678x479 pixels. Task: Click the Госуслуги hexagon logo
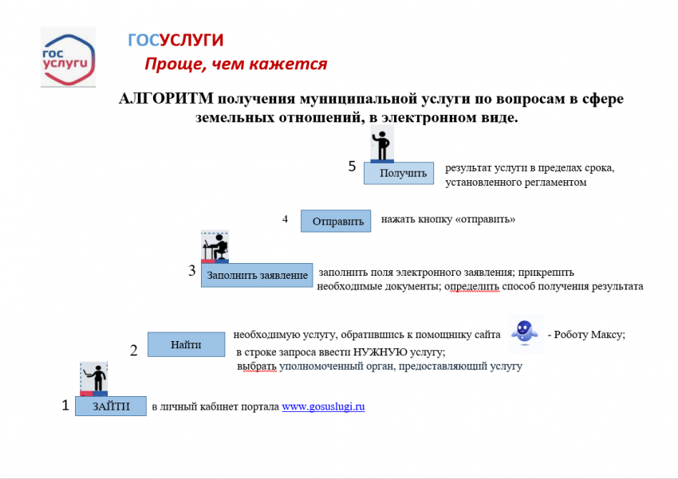tap(68, 57)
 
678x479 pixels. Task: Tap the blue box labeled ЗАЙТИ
tap(111, 406)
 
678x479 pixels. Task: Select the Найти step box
tap(187, 344)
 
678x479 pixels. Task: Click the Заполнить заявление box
tap(257, 275)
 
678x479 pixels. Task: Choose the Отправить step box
tap(336, 221)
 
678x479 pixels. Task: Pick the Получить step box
tap(399, 173)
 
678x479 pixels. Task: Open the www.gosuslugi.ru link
tap(323, 406)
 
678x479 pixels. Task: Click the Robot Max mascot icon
tap(525, 332)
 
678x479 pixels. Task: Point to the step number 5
tap(352, 167)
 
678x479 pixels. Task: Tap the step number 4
tap(285, 219)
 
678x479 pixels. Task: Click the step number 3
tap(192, 270)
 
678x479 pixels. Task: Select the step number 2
tap(134, 351)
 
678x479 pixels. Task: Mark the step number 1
tap(65, 405)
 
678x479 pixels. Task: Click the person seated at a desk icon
tap(215, 246)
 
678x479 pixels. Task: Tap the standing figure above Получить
tap(382, 144)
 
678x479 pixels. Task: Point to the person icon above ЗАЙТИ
tap(94, 379)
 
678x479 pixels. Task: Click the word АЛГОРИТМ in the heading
tap(166, 99)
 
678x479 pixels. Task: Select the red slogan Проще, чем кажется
tap(235, 64)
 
